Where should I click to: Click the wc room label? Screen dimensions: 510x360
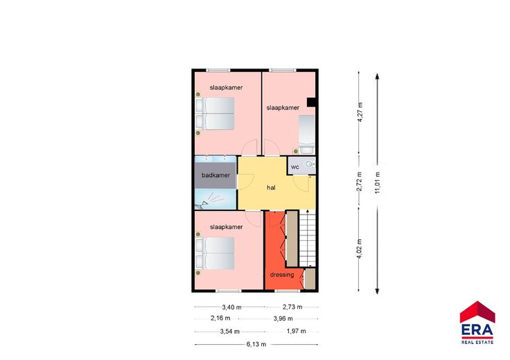(295, 167)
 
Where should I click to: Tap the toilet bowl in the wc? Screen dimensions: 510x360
(308, 164)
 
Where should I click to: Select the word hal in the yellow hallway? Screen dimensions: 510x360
(271, 188)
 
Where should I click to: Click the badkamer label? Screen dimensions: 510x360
(216, 175)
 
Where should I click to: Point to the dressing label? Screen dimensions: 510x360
(282, 275)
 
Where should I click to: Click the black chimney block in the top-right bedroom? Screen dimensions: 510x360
(311, 102)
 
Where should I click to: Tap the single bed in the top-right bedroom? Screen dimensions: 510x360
(307, 134)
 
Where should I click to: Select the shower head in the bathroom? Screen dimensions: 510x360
(205, 204)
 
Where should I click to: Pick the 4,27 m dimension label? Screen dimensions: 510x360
(360, 112)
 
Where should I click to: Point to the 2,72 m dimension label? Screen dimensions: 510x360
(359, 181)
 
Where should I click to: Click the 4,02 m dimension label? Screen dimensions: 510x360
(360, 249)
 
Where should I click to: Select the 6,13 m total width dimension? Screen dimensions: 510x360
(256, 344)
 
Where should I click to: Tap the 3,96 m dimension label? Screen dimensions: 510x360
(283, 318)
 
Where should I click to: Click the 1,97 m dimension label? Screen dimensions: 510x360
(296, 331)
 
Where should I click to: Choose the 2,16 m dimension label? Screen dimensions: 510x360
(220, 318)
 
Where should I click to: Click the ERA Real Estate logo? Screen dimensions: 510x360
(477, 323)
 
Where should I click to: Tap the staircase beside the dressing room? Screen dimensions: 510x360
(308, 239)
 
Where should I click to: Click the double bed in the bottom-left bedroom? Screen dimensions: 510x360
(215, 253)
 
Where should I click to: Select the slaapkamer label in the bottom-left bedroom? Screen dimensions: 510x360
(226, 227)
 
